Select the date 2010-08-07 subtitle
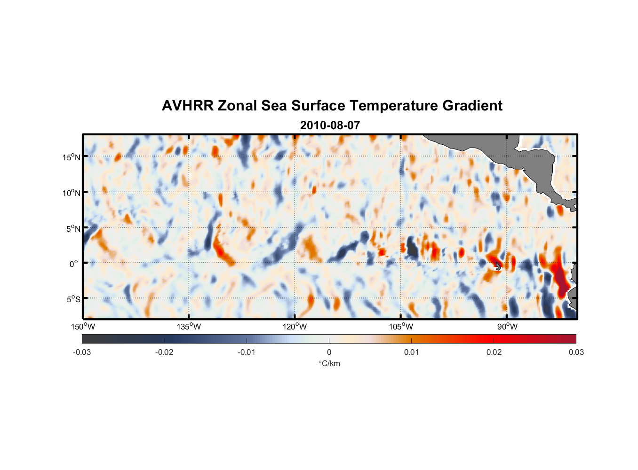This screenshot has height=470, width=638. [x=330, y=125]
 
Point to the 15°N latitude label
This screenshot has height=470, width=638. [x=72, y=157]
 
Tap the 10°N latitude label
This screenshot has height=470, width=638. [x=72, y=193]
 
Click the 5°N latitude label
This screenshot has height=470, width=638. [x=73, y=228]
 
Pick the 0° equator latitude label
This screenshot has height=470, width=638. [x=74, y=264]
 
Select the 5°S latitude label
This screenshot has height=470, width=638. [x=73, y=299]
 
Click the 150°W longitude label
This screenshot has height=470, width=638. [x=83, y=327]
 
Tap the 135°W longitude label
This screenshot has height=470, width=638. [x=189, y=327]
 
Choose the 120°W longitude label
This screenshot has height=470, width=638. [x=295, y=327]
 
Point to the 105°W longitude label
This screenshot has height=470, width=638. [x=401, y=327]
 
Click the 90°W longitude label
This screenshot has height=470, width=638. [x=507, y=327]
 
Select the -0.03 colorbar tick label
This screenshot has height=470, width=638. [x=82, y=352]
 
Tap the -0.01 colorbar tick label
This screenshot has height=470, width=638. [x=247, y=352]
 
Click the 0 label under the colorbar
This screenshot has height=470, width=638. [x=329, y=352]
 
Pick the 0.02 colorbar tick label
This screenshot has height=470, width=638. [x=494, y=352]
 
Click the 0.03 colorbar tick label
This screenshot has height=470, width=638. [x=576, y=352]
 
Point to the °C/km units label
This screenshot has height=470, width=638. [x=329, y=363]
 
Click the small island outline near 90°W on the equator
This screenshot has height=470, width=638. [x=498, y=266]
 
